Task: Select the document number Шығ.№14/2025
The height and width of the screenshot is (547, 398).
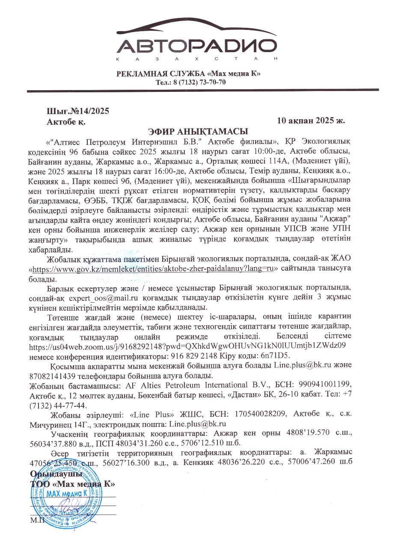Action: pyautogui.click(x=78, y=111)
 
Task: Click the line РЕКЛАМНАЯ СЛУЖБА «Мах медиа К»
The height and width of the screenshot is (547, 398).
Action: pyautogui.click(x=189, y=74)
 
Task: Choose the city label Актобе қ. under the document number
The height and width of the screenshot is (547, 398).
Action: pyautogui.click(x=65, y=121)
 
